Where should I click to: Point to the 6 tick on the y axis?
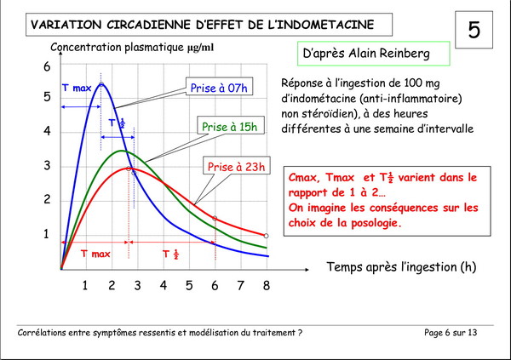pos(48,67)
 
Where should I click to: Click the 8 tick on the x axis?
pos(266,285)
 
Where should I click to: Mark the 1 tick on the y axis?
pos(48,235)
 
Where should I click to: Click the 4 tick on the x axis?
pos(163,285)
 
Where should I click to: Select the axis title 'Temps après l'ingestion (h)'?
pos(401,266)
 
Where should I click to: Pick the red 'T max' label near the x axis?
pos(95,254)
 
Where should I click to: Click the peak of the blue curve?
pos(101,83)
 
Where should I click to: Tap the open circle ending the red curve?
pos(267,236)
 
